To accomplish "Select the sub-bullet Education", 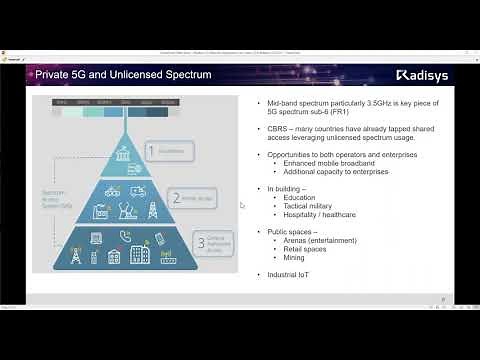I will pos(301,197).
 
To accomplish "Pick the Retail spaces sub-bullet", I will pos(305,249).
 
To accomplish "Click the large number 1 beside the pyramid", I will pos(152,151).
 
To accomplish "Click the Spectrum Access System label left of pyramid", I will pos(54,198).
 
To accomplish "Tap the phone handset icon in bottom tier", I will pos(126,236).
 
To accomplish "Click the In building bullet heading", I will pos(286,188).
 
